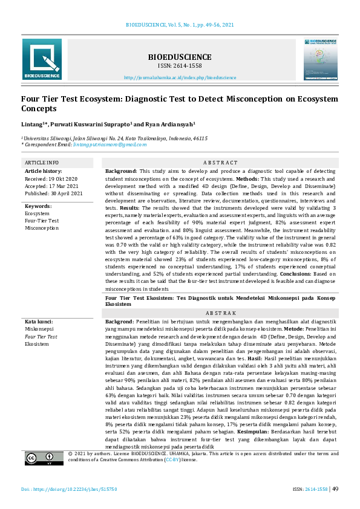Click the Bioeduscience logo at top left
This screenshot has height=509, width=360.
coord(42,59)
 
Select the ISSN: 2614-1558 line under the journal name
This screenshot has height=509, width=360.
coord(180,65)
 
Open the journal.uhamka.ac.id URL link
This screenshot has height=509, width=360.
coord(180,78)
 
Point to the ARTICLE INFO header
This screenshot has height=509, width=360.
coord(41,163)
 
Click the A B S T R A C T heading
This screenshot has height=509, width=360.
coord(220,163)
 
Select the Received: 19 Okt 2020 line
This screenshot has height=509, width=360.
coord(51,179)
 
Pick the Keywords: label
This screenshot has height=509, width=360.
coord(38,206)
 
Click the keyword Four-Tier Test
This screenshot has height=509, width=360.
coord(42,221)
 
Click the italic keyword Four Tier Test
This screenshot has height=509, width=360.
coord(41,337)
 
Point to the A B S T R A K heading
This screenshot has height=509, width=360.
coord(220,313)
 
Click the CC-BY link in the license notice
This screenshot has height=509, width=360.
coord(171,476)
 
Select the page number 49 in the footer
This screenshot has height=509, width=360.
coord(335,488)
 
